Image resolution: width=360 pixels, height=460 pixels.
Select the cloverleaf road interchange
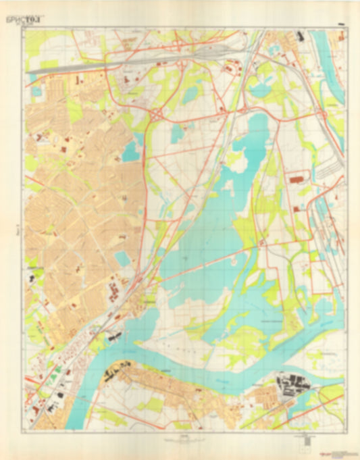[x=157, y=116]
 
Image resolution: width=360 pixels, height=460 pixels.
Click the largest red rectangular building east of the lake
[x=295, y=180]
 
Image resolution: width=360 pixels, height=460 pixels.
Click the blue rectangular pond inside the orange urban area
[x=123, y=259]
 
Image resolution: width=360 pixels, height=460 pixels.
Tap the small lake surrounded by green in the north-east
[x=260, y=88]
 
